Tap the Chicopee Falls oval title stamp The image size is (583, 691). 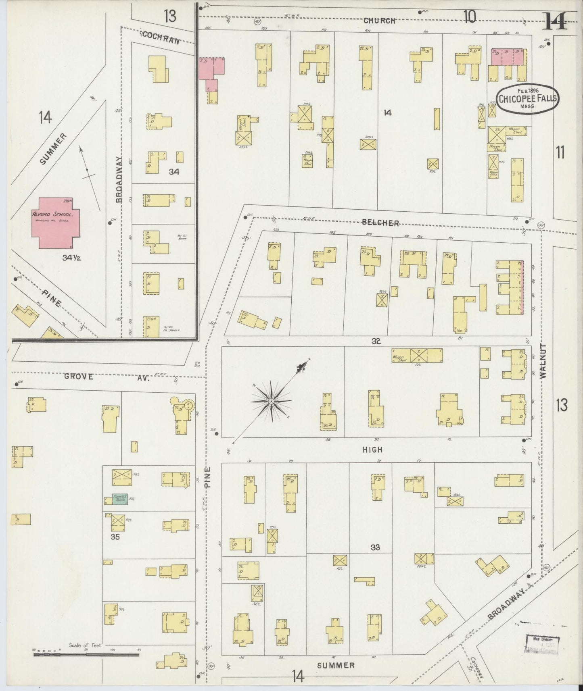pyautogui.click(x=528, y=99)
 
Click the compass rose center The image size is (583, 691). pyautogui.click(x=271, y=401)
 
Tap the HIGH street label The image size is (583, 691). pyautogui.click(x=372, y=450)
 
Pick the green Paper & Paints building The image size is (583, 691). pyautogui.click(x=120, y=499)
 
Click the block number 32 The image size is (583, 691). pyautogui.click(x=376, y=341)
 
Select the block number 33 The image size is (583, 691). pyautogui.click(x=375, y=547)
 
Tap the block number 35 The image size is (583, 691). pyautogui.click(x=115, y=537)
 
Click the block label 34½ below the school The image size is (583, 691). pyautogui.click(x=71, y=258)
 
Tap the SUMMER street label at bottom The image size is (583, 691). pyautogui.click(x=336, y=665)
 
